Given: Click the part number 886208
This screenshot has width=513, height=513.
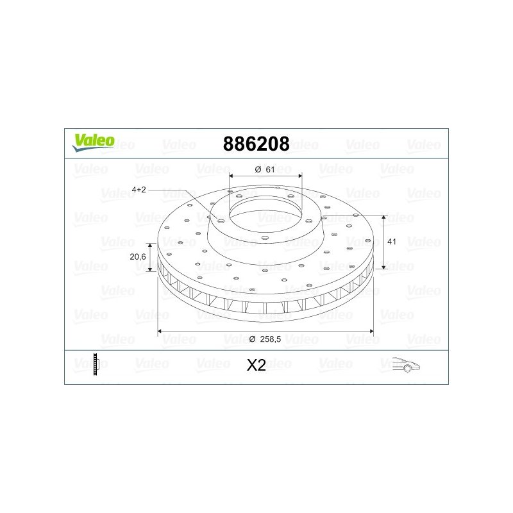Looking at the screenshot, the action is (x=256, y=144).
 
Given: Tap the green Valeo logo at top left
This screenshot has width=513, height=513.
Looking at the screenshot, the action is (x=93, y=143).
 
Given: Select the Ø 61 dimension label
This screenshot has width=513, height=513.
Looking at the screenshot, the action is (x=265, y=169).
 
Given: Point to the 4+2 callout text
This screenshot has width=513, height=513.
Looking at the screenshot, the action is (x=139, y=189).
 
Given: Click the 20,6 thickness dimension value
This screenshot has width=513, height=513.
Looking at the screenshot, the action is (x=138, y=257).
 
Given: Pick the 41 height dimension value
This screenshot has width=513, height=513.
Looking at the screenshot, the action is (x=392, y=242).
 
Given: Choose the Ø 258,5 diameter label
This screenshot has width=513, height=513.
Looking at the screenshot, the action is (x=265, y=339).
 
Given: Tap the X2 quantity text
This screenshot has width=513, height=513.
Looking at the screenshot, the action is (x=256, y=365).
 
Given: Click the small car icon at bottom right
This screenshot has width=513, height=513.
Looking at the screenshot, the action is (x=406, y=364).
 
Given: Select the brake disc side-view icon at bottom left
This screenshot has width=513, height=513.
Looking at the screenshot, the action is (x=96, y=364).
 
